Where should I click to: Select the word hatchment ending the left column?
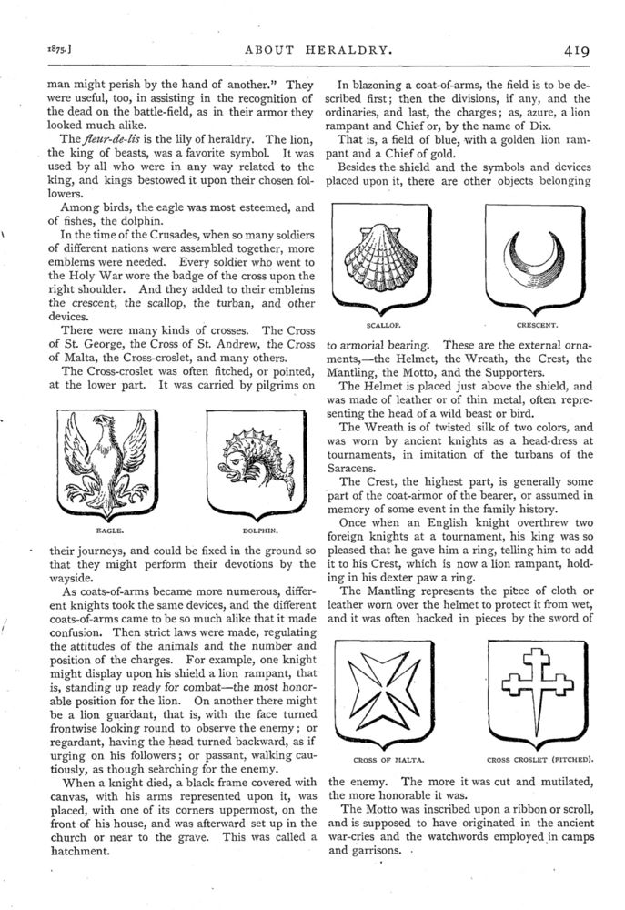pyautogui.click(x=68, y=853)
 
